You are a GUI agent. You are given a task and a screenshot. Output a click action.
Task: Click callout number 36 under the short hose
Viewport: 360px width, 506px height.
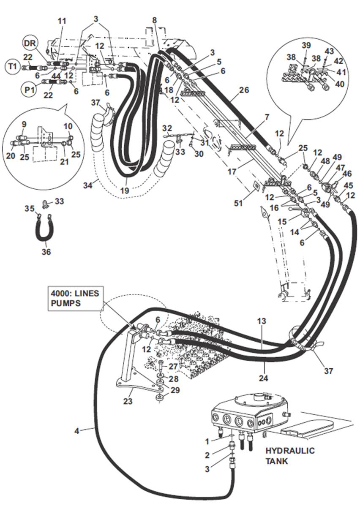46,252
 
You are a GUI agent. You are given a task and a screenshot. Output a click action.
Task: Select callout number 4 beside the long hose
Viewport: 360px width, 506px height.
76,431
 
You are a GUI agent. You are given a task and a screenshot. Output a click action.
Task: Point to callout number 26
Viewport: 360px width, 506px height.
244,90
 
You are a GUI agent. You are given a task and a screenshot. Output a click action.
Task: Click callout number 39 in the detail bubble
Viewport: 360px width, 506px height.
306,45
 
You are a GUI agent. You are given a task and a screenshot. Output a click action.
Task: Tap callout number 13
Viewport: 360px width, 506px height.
262,321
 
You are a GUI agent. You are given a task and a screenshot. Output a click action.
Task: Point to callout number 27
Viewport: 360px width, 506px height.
173,366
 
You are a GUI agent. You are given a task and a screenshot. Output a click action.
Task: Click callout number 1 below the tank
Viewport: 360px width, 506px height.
207,441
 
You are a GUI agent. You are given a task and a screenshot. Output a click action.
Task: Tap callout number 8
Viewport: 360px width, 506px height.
154,20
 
